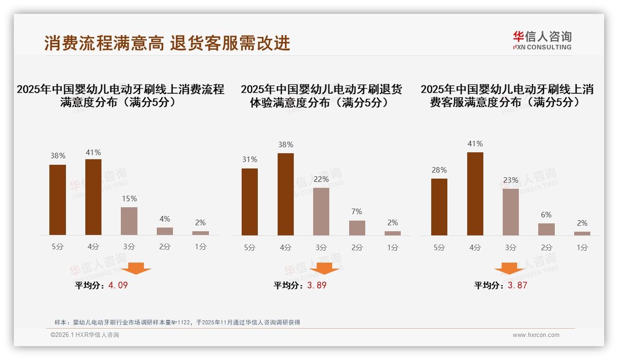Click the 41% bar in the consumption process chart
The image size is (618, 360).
tap(93, 197)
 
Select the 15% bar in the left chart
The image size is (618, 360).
tap(129, 221)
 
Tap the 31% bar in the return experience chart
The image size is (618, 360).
tap(250, 202)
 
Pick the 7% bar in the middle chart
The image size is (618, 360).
tap(357, 228)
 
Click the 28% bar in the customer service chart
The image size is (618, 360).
tap(439, 207)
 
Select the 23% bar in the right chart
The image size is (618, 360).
tap(511, 212)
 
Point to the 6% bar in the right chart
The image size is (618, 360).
tap(547, 229)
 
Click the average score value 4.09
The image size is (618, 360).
tap(118, 285)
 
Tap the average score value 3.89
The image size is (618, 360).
tap(317, 285)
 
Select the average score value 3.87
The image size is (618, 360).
tap(517, 285)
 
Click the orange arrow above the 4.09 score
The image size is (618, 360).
tap(136, 268)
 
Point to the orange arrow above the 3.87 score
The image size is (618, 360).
tap(509, 268)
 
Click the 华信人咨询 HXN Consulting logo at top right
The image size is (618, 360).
tap(542, 40)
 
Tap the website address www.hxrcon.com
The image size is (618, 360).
tap(536, 335)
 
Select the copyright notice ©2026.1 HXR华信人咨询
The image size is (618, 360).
tap(85, 335)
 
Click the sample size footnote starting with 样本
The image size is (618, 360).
tap(177, 322)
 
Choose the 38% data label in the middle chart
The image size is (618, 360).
tap(285, 144)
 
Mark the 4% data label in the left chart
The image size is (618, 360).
tap(165, 219)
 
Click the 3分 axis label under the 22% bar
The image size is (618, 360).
tap(321, 247)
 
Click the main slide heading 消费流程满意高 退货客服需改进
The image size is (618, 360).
tap(167, 43)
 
